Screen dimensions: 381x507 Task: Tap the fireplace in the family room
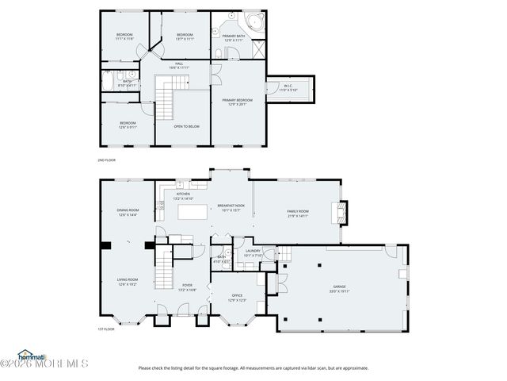point(340,212)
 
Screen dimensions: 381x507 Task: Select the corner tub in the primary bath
point(255,21)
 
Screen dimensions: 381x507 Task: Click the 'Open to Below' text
point(186,126)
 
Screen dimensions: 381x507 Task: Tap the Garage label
point(339,287)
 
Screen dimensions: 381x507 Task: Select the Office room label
point(237,298)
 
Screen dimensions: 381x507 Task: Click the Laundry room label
point(253,253)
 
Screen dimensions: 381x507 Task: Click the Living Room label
point(128,281)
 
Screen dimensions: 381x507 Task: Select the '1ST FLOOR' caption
point(105,329)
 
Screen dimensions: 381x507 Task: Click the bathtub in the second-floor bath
point(109,80)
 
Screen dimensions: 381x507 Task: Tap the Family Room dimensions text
point(298,215)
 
